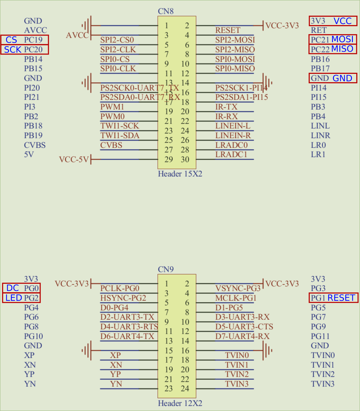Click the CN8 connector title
[x=166, y=11]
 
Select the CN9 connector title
[x=166, y=269]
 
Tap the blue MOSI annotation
[x=342, y=39]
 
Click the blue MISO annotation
[x=342, y=49]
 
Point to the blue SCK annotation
[x=13, y=49]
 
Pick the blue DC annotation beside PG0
[x=12, y=288]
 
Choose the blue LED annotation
[x=13, y=298]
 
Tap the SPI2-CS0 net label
[x=117, y=40]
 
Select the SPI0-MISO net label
[x=234, y=68]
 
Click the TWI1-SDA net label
[x=120, y=135]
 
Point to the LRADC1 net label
[x=231, y=155]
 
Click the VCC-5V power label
[x=74, y=159]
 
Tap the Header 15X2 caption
[x=180, y=174]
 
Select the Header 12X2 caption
[x=180, y=403]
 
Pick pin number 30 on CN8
[x=184, y=160]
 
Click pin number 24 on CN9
[x=184, y=389]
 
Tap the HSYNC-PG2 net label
[x=123, y=298]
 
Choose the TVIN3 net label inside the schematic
[x=237, y=384]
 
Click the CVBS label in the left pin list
[x=35, y=145]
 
